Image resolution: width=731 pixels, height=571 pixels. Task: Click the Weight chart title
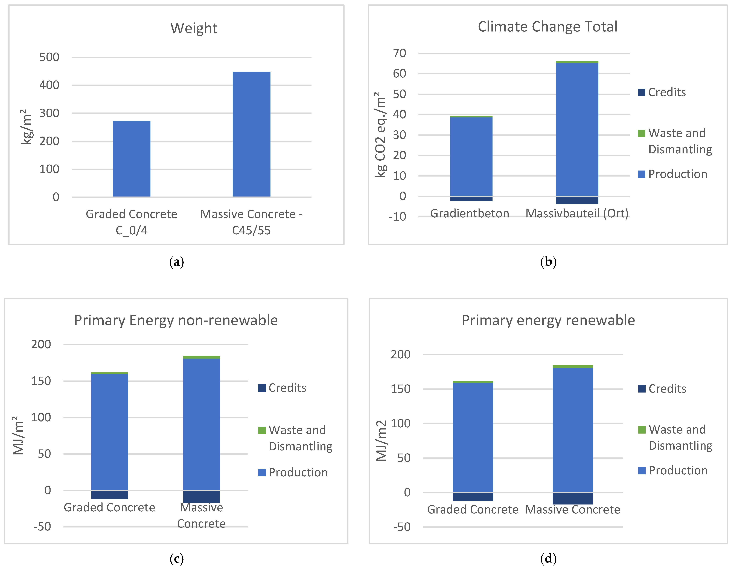pyautogui.click(x=194, y=28)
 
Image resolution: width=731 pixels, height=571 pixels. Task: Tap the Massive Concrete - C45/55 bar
pyautogui.click(x=251, y=134)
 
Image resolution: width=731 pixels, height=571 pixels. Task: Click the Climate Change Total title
pyautogui.click(x=547, y=27)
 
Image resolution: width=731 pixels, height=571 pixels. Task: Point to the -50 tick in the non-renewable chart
pyautogui.click(x=42, y=527)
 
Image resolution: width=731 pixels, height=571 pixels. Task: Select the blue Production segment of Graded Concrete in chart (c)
pyautogui.click(x=109, y=432)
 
